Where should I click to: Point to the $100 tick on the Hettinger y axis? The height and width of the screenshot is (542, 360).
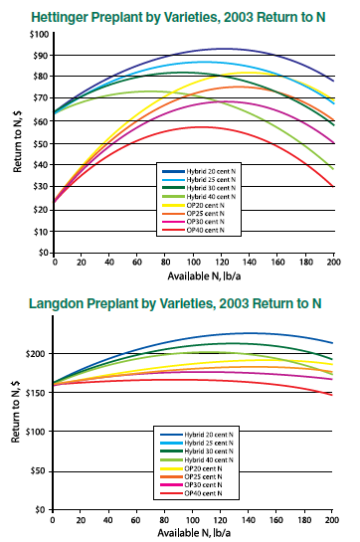click(39, 35)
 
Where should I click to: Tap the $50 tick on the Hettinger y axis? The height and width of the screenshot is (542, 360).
click(41, 143)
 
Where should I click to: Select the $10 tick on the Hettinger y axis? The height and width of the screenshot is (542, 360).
click(41, 231)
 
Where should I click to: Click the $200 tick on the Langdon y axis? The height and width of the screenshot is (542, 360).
click(38, 354)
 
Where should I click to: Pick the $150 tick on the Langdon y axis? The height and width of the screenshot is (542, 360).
click(38, 393)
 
